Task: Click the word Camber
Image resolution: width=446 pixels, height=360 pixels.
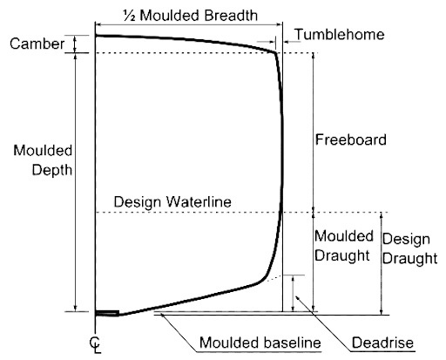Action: point(37,44)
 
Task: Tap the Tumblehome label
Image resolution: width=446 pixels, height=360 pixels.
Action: point(340,34)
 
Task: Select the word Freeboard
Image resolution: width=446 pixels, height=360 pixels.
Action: point(351,139)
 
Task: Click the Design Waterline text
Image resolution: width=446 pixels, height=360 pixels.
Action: point(172,201)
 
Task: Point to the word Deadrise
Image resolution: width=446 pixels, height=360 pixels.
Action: point(382,343)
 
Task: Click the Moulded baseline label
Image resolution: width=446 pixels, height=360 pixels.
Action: point(260,343)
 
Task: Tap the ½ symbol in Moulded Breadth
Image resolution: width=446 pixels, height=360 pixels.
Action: point(129,16)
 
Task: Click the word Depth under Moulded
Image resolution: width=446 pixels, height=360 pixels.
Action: point(52,170)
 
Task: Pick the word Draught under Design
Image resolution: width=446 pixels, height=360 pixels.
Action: point(409,258)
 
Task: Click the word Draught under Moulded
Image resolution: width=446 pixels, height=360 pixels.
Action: point(342,255)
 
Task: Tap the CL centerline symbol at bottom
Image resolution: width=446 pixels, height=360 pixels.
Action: point(96,345)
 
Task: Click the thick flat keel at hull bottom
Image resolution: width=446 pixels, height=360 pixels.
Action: point(107,313)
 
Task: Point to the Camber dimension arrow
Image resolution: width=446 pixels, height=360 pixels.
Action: point(75,44)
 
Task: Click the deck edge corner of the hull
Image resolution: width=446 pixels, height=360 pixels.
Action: point(274,52)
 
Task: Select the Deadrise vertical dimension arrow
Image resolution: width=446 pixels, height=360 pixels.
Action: point(293,293)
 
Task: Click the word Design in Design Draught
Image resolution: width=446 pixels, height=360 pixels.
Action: point(406,240)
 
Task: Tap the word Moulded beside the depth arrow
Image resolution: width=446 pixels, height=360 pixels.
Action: point(43,151)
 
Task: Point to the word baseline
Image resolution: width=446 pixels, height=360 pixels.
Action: point(291,343)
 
